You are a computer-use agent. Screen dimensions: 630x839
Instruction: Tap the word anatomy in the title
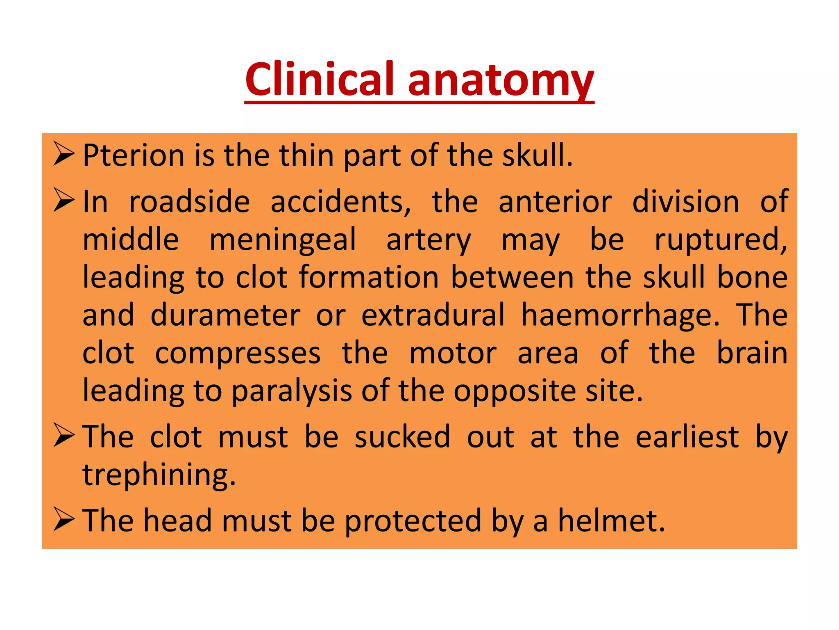click(501, 80)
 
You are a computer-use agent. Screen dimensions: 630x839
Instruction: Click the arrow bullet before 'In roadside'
click(64, 200)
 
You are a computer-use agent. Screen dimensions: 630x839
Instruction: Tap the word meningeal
click(283, 240)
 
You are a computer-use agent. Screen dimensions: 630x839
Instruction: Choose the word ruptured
click(721, 240)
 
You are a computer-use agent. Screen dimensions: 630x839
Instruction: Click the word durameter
click(225, 315)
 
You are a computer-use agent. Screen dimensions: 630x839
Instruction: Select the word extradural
click(433, 315)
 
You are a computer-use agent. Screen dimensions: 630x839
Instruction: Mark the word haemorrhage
click(620, 316)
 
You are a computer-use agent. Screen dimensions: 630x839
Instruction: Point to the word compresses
click(238, 354)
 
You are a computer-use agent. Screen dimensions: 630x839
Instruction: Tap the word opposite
click(515, 391)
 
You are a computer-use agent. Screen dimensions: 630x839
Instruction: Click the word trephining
click(159, 475)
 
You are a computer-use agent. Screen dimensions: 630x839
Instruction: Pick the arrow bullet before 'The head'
click(64, 519)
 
